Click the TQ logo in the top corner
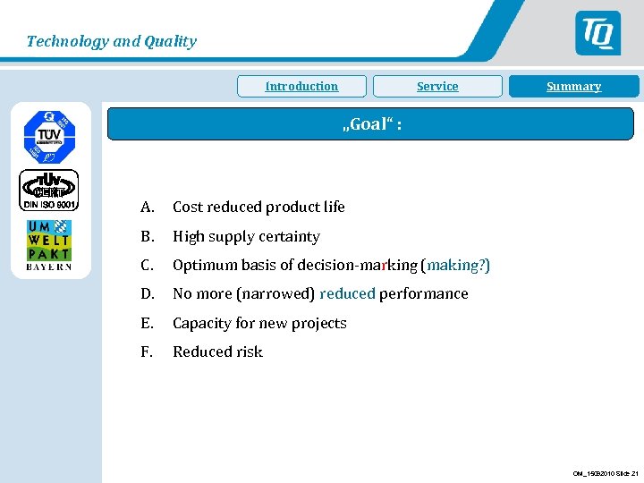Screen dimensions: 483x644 (x=597, y=34)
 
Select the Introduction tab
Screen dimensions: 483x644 (x=301, y=87)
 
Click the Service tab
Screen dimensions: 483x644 (x=437, y=87)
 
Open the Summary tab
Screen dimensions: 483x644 (x=573, y=87)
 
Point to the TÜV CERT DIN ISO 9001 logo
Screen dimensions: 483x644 (x=49, y=191)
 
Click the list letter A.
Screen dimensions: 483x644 (x=146, y=208)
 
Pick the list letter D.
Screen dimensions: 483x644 (x=147, y=294)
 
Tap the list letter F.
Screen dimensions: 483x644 (x=146, y=352)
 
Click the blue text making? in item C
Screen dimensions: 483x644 (x=457, y=266)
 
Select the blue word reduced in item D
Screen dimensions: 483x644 (x=347, y=294)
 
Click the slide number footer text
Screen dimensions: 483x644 (x=606, y=473)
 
